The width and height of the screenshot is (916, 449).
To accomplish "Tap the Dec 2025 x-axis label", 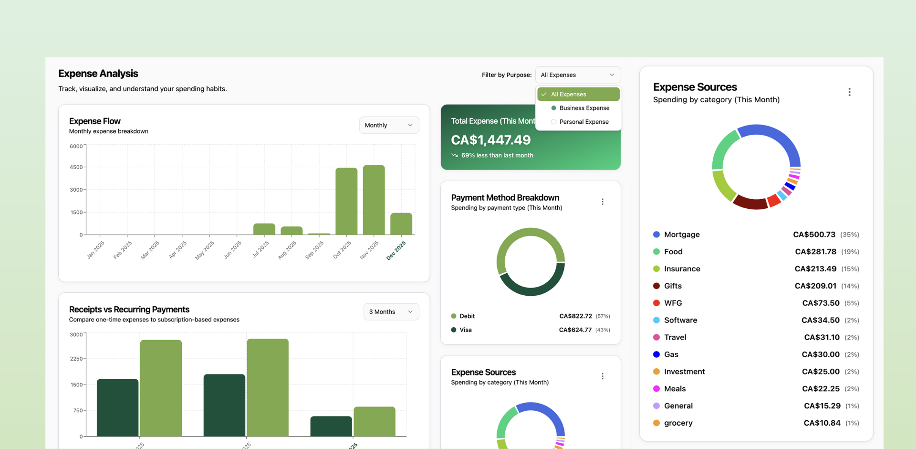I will pyautogui.click(x=396, y=250).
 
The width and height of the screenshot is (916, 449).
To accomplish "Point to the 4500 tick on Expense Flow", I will pyautogui.click(x=76, y=167).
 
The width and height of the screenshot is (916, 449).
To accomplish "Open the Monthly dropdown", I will pyautogui.click(x=389, y=125).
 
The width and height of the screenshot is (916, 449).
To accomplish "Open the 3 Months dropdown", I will pyautogui.click(x=391, y=312).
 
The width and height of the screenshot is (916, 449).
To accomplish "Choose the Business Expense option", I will pyautogui.click(x=584, y=108).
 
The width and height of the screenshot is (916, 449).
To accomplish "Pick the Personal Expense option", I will pyautogui.click(x=584, y=122).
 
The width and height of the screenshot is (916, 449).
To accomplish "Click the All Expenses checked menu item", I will pyautogui.click(x=578, y=94).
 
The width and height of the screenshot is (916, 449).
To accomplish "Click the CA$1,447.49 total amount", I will pyautogui.click(x=491, y=140).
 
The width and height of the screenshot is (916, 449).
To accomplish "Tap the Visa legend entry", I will pyautogui.click(x=465, y=330).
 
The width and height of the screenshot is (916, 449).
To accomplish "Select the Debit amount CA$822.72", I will pyautogui.click(x=575, y=316).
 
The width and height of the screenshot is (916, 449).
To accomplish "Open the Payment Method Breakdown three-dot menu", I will pyautogui.click(x=603, y=202).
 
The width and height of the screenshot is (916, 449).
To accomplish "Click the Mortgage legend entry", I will pyautogui.click(x=681, y=235).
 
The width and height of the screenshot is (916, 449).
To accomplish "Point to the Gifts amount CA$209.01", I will pyautogui.click(x=815, y=286).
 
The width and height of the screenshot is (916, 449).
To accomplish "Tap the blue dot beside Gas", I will pyautogui.click(x=656, y=354).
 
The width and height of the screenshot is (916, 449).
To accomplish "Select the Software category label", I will pyautogui.click(x=680, y=320).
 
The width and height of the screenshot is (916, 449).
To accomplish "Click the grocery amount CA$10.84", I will pyautogui.click(x=822, y=423).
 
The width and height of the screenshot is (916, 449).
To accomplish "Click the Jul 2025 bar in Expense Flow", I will pyautogui.click(x=264, y=229).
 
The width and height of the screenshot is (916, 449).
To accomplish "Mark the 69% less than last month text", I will pyautogui.click(x=497, y=155).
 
